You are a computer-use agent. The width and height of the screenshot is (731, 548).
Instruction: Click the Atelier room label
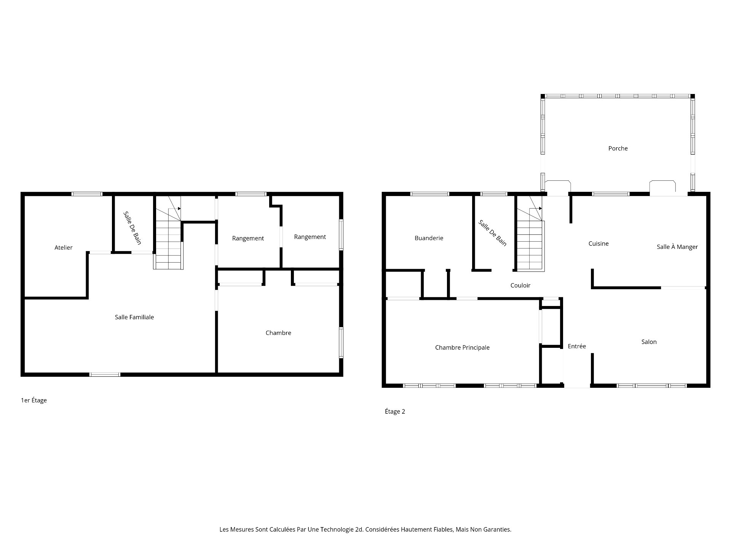tap(64, 248)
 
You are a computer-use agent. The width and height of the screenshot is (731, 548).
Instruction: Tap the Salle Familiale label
tap(134, 317)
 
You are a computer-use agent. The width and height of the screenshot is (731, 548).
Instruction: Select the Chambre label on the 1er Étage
tap(278, 333)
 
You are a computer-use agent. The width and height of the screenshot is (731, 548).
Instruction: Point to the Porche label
tap(618, 148)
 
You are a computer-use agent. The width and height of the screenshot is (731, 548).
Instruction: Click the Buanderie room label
tap(429, 238)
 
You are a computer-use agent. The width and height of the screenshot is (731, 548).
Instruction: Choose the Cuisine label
tap(599, 244)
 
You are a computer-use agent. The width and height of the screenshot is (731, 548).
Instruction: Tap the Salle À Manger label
tap(677, 247)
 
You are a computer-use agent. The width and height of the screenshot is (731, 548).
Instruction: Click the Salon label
tap(649, 342)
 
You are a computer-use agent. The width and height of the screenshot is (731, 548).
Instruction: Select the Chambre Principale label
tap(462, 348)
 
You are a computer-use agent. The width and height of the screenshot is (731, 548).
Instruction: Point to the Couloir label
tap(520, 285)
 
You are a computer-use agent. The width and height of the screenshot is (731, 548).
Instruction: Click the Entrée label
tap(577, 346)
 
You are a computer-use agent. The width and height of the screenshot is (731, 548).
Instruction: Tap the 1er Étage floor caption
tap(34, 400)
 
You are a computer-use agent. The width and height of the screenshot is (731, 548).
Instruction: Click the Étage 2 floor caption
tap(395, 411)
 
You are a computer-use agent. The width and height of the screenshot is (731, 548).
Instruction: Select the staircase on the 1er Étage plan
tap(168, 233)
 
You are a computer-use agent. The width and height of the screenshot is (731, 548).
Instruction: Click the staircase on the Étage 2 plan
tap(530, 234)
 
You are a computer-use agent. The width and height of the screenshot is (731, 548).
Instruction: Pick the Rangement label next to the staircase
tap(248, 239)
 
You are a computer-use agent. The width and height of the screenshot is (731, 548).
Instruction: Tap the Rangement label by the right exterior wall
tap(310, 237)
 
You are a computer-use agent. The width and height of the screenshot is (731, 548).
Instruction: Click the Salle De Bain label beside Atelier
tap(132, 228)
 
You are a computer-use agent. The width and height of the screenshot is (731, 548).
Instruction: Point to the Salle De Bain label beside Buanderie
tap(493, 233)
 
